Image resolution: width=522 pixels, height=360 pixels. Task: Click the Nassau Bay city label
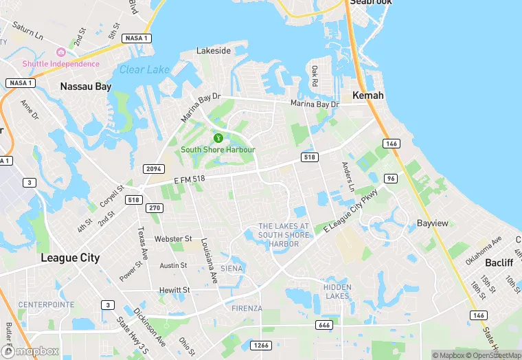click(x=85, y=87)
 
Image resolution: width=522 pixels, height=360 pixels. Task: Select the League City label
click(x=70, y=258)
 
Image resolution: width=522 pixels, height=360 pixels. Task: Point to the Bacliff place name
click(x=499, y=263)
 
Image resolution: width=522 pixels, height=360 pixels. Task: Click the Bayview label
click(x=433, y=224)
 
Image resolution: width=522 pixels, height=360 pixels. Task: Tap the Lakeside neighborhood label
click(x=214, y=51)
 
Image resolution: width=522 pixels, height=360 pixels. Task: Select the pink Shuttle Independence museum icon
click(x=60, y=52)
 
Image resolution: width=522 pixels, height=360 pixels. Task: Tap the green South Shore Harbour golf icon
click(x=218, y=138)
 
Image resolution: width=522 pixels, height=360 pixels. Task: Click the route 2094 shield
click(x=153, y=169)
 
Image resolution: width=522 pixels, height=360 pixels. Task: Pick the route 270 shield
click(x=155, y=208)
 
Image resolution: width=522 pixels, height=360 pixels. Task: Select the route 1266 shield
click(x=260, y=346)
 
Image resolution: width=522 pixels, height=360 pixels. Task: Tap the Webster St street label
click(x=173, y=239)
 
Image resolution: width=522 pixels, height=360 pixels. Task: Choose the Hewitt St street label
click(x=174, y=290)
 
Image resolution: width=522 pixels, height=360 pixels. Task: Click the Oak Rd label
click(x=315, y=76)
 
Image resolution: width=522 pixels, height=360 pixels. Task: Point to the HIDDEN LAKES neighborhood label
click(x=337, y=291)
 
